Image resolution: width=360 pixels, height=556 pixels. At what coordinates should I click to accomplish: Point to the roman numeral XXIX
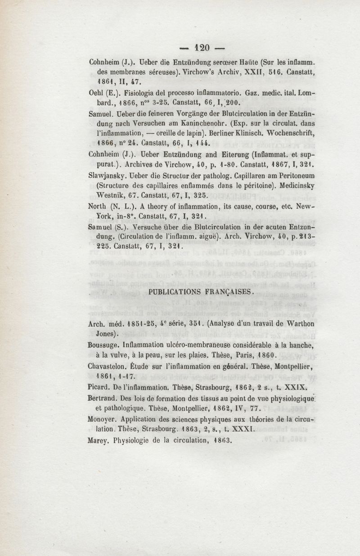tap(297, 387)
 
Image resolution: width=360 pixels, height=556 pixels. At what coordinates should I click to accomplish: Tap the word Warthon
tap(292, 324)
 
